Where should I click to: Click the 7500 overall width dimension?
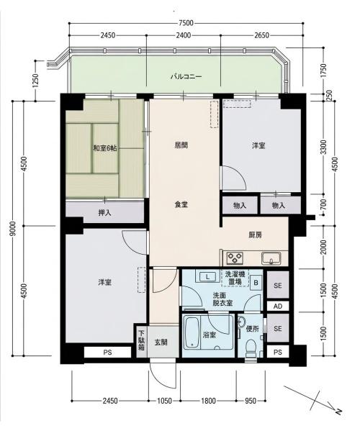[186, 23]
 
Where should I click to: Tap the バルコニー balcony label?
[186, 76]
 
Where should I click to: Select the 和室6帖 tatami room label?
[105, 149]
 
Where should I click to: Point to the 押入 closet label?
[105, 213]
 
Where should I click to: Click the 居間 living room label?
[181, 145]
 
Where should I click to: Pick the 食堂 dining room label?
[181, 204]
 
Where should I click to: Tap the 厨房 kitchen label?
[255, 235]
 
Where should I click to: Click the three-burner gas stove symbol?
[235, 258]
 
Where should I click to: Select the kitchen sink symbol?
[271, 258]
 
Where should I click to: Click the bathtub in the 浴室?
[192, 332]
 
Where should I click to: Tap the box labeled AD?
[278, 307]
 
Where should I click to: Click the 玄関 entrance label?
[161, 342]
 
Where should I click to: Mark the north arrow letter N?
[338, 411]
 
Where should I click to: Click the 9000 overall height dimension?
[14, 228]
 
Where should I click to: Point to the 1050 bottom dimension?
[164, 401]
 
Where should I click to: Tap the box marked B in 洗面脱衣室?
[256, 283]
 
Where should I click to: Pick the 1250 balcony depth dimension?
[36, 81]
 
